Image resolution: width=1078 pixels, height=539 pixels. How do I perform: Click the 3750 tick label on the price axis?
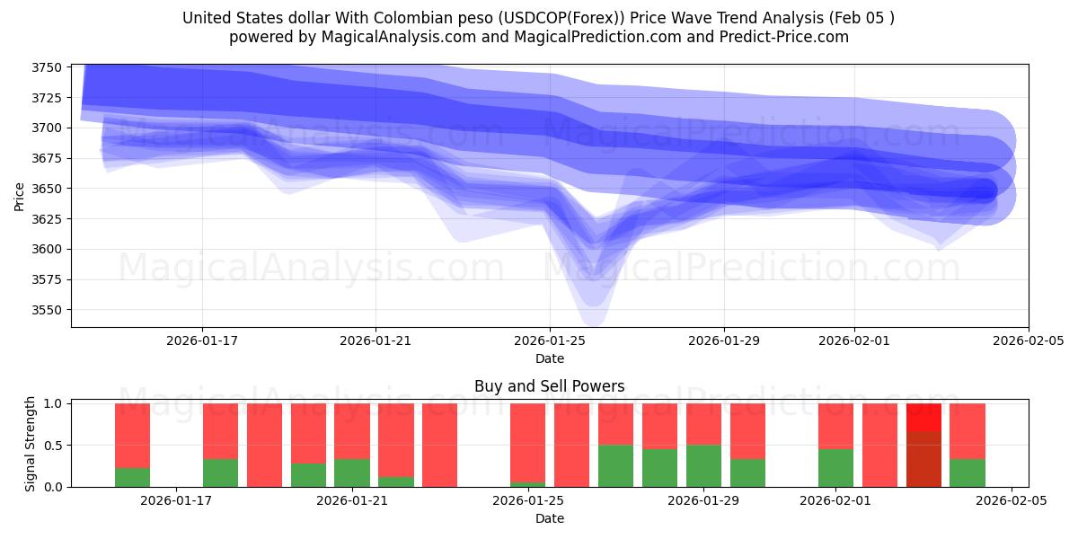click(47, 67)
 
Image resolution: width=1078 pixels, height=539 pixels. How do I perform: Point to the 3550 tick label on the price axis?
click(47, 310)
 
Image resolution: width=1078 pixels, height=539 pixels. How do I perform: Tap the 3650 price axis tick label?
click(47, 189)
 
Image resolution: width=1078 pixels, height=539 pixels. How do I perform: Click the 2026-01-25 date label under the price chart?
click(550, 341)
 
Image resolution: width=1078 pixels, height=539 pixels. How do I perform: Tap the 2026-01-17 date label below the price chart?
click(202, 341)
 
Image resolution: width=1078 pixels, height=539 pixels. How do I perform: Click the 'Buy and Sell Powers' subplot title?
click(549, 387)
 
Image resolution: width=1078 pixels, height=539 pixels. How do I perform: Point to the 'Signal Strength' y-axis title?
click(30, 445)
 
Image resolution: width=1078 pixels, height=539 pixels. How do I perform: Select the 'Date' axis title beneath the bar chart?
click(549, 518)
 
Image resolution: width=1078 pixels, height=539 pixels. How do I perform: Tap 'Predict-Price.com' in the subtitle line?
click(782, 37)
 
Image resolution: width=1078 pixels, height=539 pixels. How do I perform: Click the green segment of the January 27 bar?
click(615, 465)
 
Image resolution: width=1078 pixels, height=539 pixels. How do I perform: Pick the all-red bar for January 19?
click(264, 445)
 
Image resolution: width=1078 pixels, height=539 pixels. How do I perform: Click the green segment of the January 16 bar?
click(132, 477)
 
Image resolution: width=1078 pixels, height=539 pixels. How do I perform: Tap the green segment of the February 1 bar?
click(835, 467)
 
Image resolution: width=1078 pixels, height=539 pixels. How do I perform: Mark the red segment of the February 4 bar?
click(968, 431)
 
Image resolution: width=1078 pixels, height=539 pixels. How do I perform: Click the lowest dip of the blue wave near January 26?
click(595, 319)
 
